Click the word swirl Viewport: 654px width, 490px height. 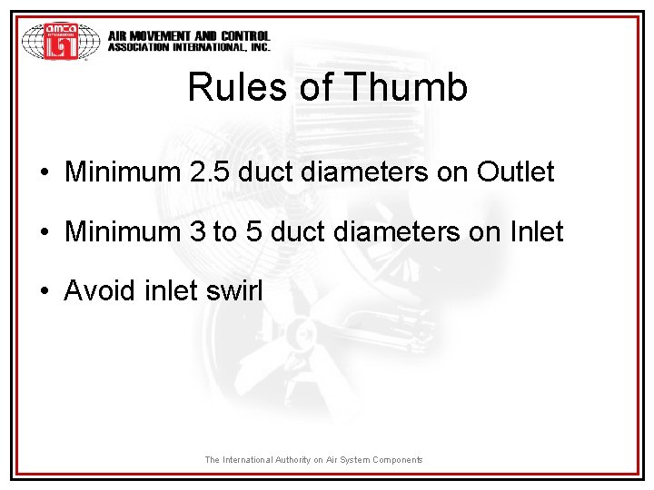click(233, 290)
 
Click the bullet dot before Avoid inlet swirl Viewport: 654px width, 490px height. click(45, 292)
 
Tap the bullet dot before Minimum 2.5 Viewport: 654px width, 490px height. click(45, 172)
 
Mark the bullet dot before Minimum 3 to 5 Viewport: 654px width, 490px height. click(45, 232)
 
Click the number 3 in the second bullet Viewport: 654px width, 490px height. click(198, 231)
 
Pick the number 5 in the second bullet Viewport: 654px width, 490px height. click(254, 231)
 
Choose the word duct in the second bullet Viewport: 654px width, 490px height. click(301, 231)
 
